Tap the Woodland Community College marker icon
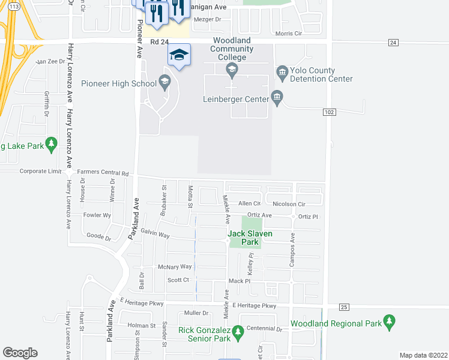pos(232,71)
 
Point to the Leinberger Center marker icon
pos(277,96)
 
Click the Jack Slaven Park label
pos(250,238)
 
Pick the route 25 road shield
pos(344,307)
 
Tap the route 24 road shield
pos(393,42)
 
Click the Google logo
pos(20,353)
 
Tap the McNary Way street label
pos(174,266)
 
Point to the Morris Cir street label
pos(288,34)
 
